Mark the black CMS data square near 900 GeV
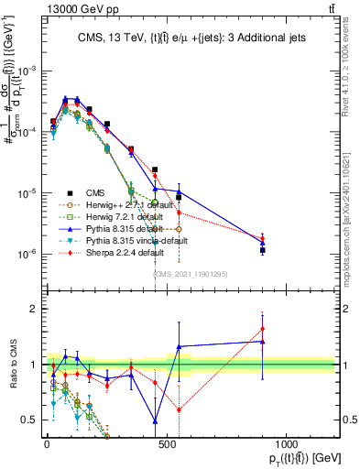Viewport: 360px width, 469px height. pos(263,249)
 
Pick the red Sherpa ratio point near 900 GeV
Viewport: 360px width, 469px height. pos(263,329)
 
